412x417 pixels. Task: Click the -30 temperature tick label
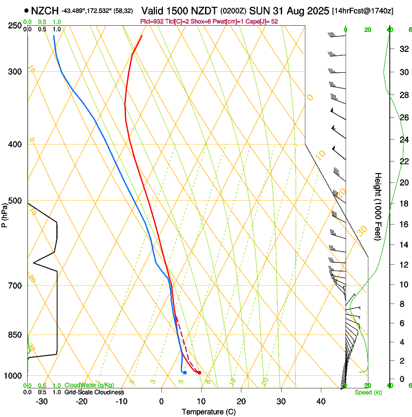coord(42,401)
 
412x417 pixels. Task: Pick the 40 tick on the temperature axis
coord(321,401)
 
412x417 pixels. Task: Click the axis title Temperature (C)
coord(208,412)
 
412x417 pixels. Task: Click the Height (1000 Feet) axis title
coord(378,207)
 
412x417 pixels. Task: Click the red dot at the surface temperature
coord(199,372)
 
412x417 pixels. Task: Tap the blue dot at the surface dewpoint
coord(185,372)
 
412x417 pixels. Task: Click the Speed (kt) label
coord(368,392)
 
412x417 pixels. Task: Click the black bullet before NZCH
coord(26,10)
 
